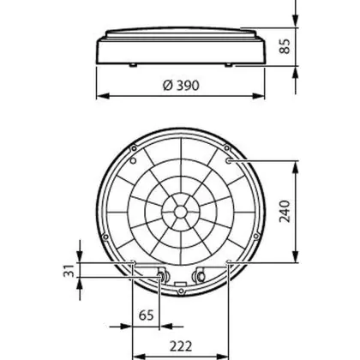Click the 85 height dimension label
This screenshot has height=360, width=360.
(x=285, y=45)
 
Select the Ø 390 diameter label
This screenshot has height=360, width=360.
(x=181, y=85)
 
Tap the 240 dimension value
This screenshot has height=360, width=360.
(x=285, y=211)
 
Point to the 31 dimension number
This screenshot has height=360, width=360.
(x=69, y=271)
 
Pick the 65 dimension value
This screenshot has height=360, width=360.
(x=147, y=315)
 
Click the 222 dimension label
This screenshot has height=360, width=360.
(x=181, y=346)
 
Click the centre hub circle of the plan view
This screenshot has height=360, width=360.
(x=180, y=212)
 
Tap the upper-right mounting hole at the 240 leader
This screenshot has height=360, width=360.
(x=229, y=161)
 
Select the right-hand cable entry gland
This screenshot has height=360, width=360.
(x=201, y=276)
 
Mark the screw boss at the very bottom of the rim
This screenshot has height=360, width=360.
(x=181, y=291)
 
